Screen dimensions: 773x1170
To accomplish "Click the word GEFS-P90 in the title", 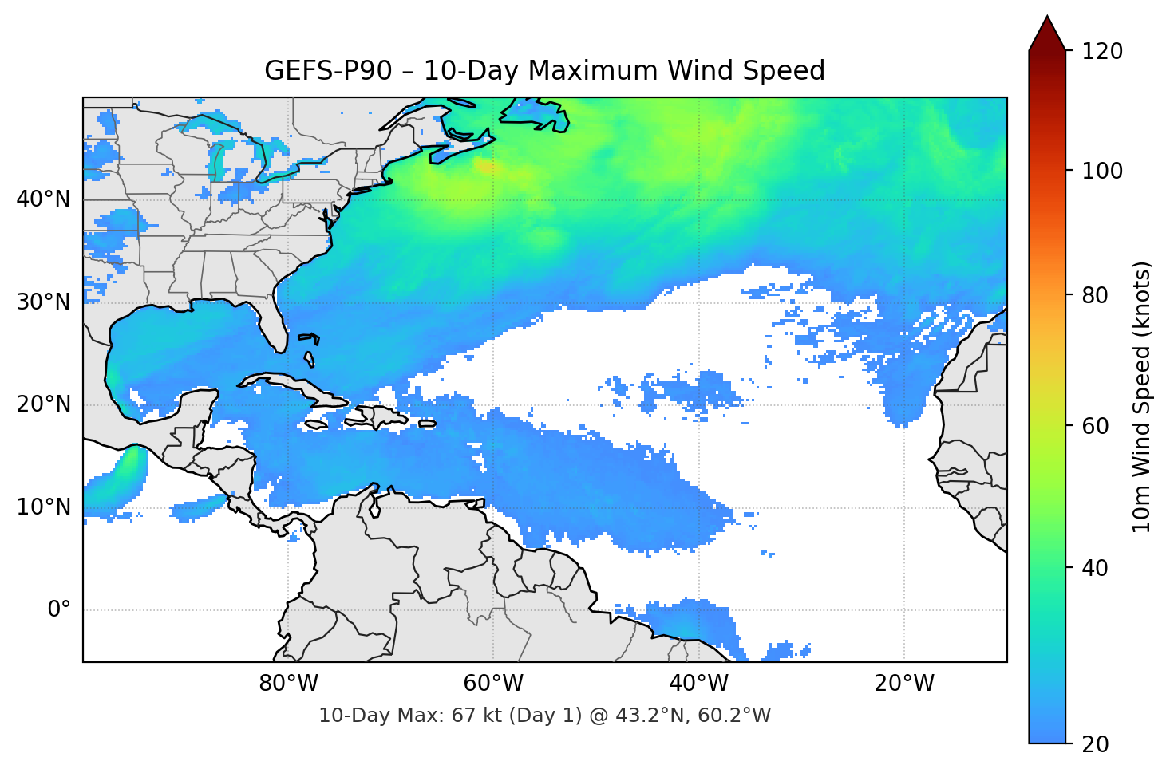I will coord(328,71).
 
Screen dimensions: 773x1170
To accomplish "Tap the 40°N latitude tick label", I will coord(43,199).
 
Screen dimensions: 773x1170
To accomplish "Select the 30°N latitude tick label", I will coord(43,302).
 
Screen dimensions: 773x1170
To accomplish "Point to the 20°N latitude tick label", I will coord(43,404).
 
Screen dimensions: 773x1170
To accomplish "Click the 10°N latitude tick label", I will coord(43,507).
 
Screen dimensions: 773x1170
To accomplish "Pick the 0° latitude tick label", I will coord(58,610).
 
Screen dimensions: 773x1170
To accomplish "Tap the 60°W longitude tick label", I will coord(493,684).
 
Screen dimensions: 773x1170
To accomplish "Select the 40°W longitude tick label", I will coord(698,684).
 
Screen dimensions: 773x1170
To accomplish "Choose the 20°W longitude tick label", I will coord(903,684).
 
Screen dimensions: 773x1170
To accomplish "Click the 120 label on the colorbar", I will coord(1102,51).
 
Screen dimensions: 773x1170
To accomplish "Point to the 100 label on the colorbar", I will coord(1102,171).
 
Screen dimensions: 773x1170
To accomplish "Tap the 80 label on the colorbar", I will coord(1097,295).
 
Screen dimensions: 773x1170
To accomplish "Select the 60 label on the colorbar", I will coord(1097,426).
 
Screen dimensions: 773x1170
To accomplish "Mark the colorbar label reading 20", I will coord(1097,744).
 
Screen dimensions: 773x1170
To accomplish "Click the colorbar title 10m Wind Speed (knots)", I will coord(1142,396).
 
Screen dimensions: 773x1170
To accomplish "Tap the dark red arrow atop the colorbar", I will coord(1047,34).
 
